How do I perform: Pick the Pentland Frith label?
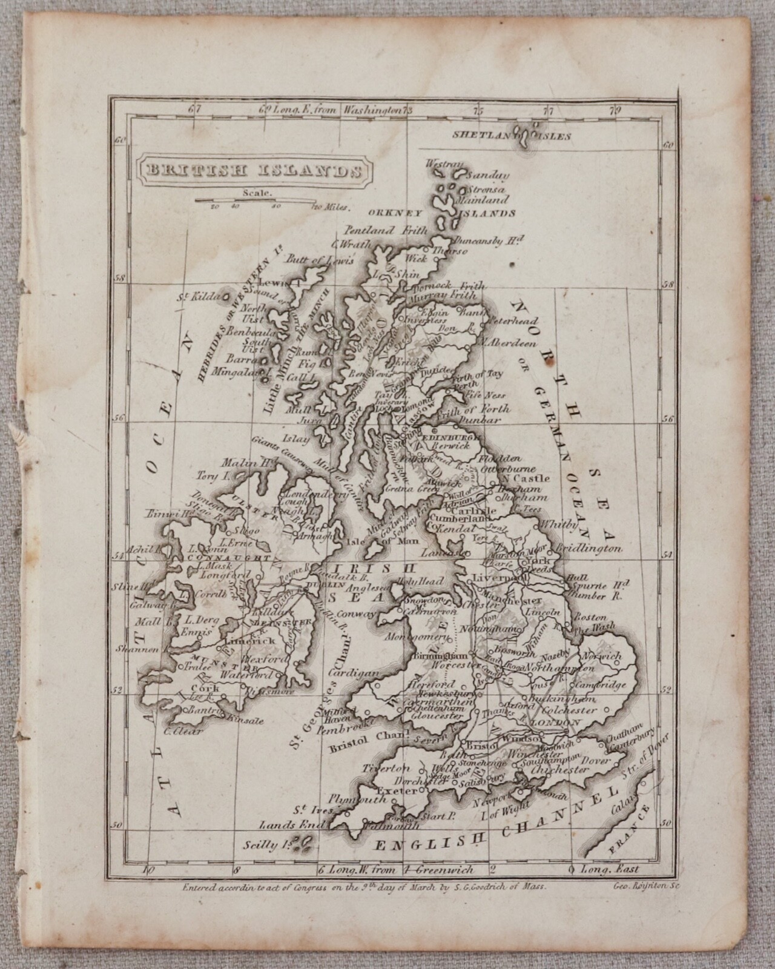click(x=386, y=230)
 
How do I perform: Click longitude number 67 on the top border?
click(x=194, y=110)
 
